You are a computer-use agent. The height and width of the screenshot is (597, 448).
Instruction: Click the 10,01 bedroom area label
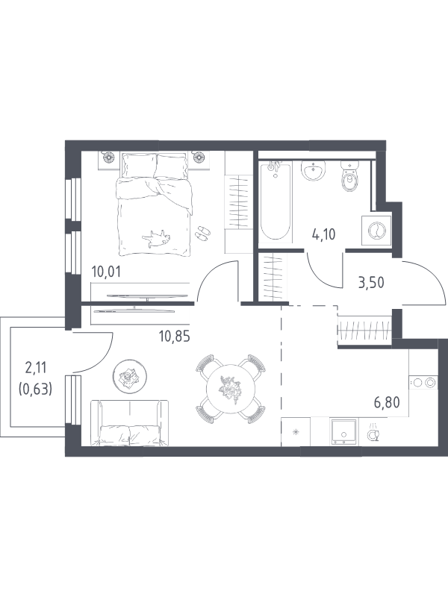point(106,272)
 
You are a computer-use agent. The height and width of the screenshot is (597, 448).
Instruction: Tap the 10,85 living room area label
point(174,337)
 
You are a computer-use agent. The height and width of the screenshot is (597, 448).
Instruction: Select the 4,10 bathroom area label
point(323,234)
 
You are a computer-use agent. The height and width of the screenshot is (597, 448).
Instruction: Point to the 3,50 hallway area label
point(370,283)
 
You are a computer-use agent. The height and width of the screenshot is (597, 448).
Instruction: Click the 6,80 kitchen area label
point(387,402)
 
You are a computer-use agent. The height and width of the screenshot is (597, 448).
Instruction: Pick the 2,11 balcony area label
point(35,368)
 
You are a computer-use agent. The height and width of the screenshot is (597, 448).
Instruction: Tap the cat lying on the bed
point(156,239)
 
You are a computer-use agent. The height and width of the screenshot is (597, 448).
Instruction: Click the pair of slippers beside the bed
point(202,233)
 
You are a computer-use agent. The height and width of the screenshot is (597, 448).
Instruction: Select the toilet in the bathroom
point(349,175)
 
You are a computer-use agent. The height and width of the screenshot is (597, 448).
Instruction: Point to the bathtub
point(276,201)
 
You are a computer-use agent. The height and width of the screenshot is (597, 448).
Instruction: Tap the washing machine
point(376,231)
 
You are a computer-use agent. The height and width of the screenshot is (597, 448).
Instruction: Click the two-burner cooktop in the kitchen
point(423,382)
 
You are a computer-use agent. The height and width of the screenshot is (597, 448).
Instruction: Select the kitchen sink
point(344,431)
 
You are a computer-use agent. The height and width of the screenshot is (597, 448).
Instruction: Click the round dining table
point(230,389)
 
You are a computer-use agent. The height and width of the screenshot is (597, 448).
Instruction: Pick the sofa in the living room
point(129,422)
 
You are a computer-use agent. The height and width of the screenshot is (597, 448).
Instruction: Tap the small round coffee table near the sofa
point(130,376)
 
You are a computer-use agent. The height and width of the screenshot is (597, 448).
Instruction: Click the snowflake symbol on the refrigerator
point(296,432)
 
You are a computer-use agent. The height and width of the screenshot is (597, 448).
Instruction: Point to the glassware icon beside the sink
point(373,433)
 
